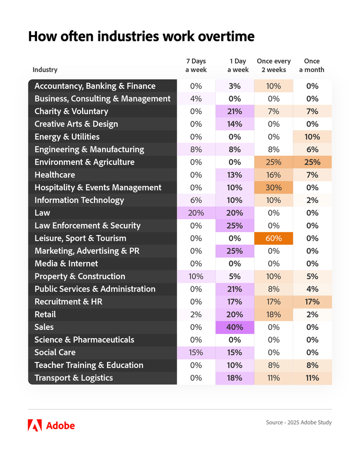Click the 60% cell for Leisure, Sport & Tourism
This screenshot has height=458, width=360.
tap(273, 238)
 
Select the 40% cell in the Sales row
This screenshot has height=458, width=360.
tap(235, 327)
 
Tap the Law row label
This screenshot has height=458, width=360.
tap(42, 213)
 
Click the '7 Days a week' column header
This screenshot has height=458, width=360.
tap(196, 66)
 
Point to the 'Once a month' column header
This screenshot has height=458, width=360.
tap(312, 66)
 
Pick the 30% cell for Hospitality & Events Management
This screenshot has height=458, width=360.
tap(273, 188)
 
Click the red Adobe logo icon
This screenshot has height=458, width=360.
tap(35, 425)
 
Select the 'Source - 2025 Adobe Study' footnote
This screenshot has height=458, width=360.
tap(299, 423)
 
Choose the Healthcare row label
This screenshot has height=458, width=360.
tap(55, 175)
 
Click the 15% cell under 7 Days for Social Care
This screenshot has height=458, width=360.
tap(196, 352)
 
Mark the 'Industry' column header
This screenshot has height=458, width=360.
tap(45, 70)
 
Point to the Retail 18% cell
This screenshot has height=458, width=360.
tap(273, 315)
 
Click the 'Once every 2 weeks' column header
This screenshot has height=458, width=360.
tap(274, 66)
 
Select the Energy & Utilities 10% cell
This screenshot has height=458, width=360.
tap(312, 137)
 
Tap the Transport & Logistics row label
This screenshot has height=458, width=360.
tap(73, 378)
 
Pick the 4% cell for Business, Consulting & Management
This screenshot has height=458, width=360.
tap(196, 99)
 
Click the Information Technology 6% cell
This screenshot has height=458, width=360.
tap(196, 200)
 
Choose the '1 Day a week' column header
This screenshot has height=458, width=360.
tap(238, 66)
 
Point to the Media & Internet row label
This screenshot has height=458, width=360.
tap(66, 264)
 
